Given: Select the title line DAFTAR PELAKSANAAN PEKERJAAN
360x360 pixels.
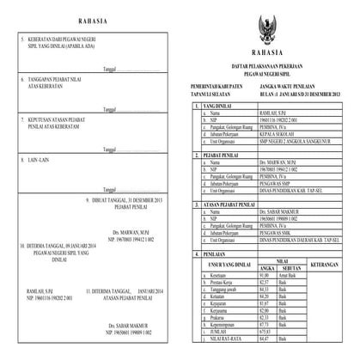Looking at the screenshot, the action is [x=271, y=64].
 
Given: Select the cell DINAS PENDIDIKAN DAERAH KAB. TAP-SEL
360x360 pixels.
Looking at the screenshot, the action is [x=302, y=241].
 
